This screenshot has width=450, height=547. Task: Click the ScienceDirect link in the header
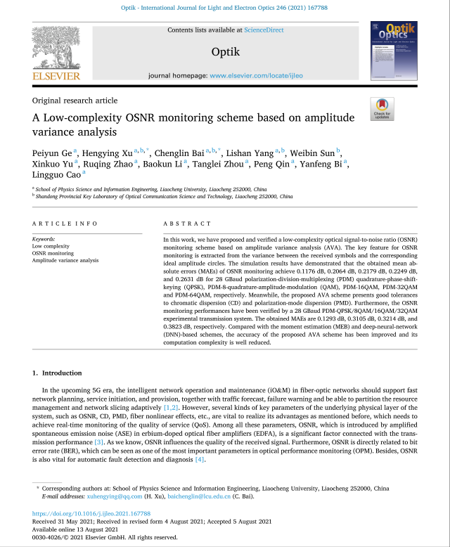[264, 30]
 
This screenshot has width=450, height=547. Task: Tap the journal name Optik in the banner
[225, 52]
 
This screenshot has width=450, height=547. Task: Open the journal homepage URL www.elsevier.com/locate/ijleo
[256, 75]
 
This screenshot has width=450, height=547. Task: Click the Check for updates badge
[382, 109]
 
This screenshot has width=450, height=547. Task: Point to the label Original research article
[75, 101]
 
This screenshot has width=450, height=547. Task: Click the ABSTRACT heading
[187, 224]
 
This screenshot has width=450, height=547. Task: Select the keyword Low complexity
[51, 246]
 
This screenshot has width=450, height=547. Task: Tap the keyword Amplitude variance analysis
[65, 260]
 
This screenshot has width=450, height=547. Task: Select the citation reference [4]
[200, 459]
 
